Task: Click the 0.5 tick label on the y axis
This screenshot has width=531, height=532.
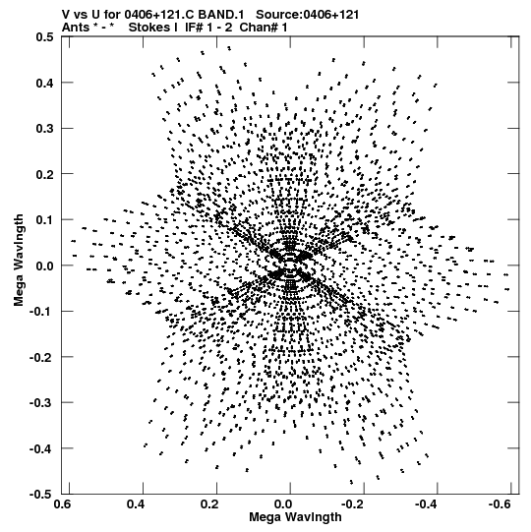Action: pyautogui.click(x=44, y=36)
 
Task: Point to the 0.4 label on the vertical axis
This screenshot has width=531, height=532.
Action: pyautogui.click(x=44, y=83)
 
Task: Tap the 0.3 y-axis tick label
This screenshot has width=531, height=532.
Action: pyautogui.click(x=44, y=129)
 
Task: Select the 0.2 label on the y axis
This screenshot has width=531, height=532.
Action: pyautogui.click(x=44, y=174)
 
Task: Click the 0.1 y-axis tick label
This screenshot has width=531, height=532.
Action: pyautogui.click(x=44, y=220)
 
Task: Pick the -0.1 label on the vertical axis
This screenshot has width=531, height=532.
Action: pyautogui.click(x=41, y=312)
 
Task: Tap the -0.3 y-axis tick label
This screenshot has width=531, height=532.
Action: pyautogui.click(x=41, y=403)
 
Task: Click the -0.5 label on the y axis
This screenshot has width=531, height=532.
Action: pyautogui.click(x=41, y=495)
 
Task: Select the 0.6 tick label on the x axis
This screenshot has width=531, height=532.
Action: pyautogui.click(x=63, y=504)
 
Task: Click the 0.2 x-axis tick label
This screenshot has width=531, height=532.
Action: pyautogui.click(x=209, y=504)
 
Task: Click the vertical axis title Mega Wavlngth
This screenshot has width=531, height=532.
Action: pyautogui.click(x=19, y=261)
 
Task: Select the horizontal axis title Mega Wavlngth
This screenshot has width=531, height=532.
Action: pyautogui.click(x=295, y=517)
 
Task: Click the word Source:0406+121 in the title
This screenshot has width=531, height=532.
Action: pyautogui.click(x=307, y=15)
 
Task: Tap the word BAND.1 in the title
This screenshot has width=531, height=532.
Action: pyautogui.click(x=220, y=15)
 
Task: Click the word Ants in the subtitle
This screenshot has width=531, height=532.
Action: pyautogui.click(x=76, y=28)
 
